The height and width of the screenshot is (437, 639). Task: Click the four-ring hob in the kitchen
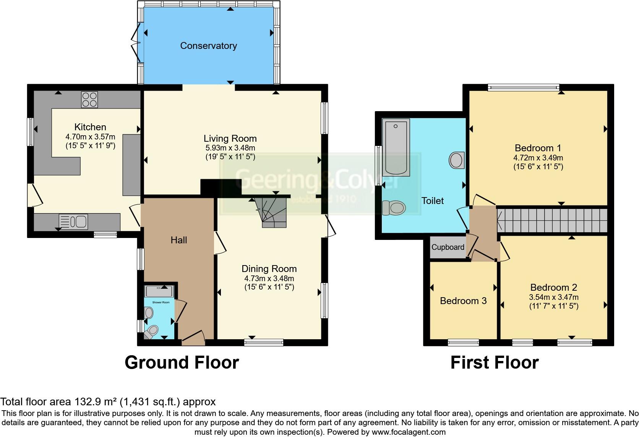[x=89, y=99]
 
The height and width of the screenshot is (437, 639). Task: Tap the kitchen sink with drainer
[x=73, y=221]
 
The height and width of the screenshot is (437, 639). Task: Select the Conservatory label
[x=208, y=46]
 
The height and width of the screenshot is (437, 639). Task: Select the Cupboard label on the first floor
[x=448, y=247]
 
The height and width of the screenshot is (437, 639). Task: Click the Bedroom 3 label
[x=463, y=301]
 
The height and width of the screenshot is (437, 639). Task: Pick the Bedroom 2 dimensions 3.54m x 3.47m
[x=553, y=297]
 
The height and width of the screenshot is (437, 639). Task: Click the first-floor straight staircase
[x=552, y=220]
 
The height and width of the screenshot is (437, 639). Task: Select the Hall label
[x=178, y=240]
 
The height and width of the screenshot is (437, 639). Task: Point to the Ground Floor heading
[x=182, y=363]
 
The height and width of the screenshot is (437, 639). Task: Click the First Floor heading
[x=494, y=363]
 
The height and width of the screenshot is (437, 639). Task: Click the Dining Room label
[x=269, y=269]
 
